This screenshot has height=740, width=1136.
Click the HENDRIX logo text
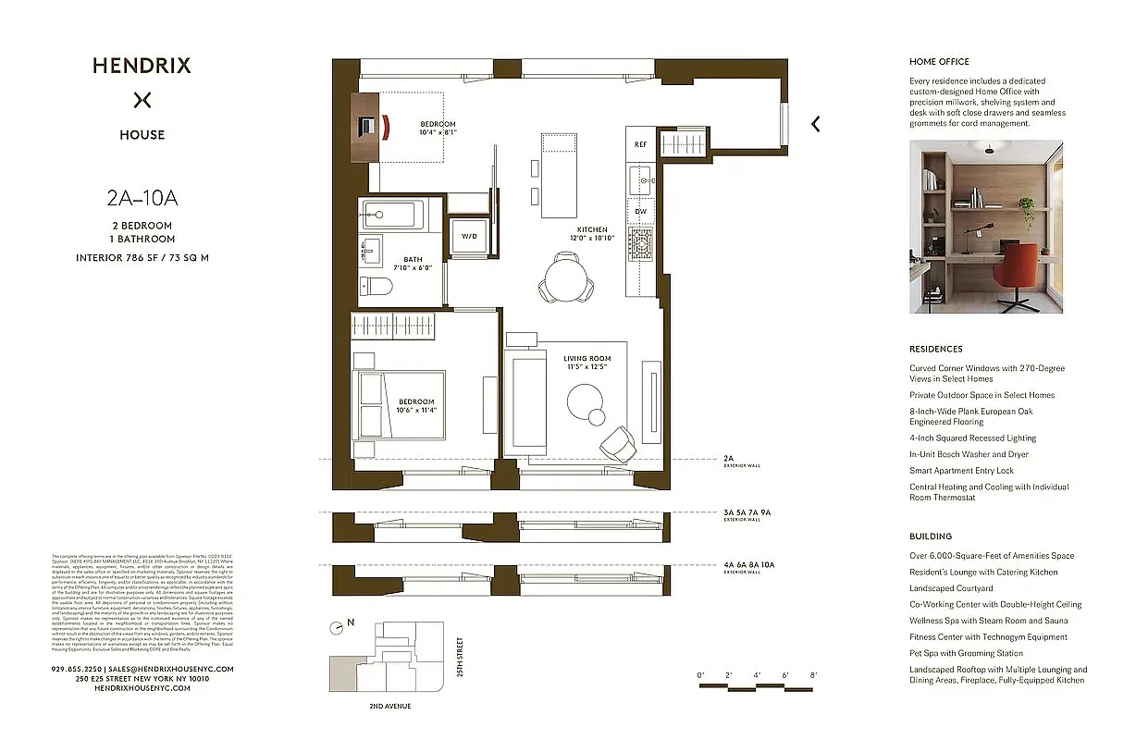point(142,66)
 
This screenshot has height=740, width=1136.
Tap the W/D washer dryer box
point(470,237)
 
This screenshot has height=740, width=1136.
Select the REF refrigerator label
point(640,145)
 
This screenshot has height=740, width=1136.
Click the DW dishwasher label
point(640,211)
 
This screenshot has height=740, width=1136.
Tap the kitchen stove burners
point(640,243)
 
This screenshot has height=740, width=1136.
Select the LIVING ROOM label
point(587,358)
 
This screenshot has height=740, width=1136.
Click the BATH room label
point(413,260)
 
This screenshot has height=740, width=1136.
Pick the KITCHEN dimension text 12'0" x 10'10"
point(592,238)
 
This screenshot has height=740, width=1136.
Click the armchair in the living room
point(617,443)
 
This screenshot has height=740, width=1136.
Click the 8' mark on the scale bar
point(813,676)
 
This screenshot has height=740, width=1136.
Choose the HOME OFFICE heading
point(939,62)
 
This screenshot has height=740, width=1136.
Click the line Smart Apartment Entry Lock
point(961,471)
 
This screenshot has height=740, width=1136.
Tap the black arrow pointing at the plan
point(815,124)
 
